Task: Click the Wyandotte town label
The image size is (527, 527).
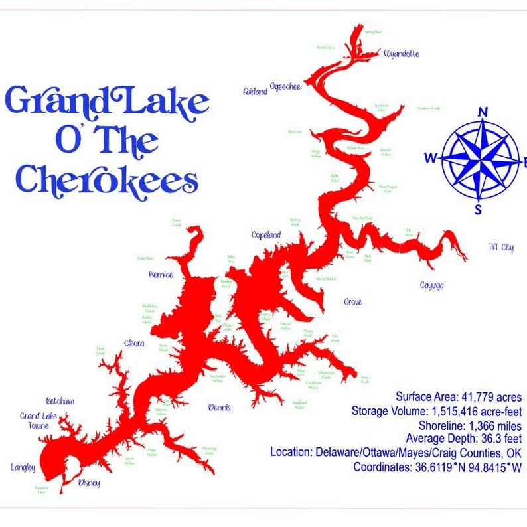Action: click(402, 54)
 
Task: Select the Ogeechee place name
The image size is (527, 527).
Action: click(285, 87)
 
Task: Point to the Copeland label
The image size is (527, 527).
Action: click(266, 235)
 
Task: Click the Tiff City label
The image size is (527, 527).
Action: click(500, 248)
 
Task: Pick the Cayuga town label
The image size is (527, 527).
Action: click(431, 285)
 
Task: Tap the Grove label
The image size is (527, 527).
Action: click(352, 302)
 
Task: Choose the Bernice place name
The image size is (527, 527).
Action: click(161, 274)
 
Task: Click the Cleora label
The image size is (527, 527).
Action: click(134, 343)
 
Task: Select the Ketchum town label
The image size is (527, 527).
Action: click(60, 401)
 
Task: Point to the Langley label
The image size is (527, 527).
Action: click(23, 467)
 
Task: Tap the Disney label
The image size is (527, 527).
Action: click(89, 483)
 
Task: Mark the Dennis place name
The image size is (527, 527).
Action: click(220, 407)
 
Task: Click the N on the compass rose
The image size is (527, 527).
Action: click(483, 112)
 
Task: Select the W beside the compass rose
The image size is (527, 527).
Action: click(431, 158)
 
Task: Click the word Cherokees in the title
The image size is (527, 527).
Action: click(107, 180)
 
